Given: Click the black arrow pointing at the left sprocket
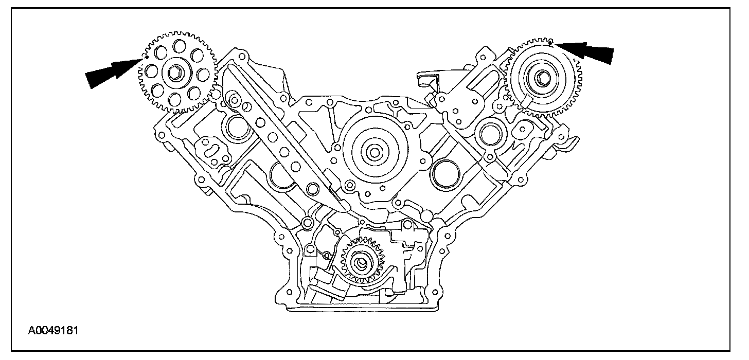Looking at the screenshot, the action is [x=114, y=72].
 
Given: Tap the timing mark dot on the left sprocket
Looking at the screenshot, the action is [x=148, y=57].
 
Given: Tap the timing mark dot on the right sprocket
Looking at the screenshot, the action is [x=550, y=43].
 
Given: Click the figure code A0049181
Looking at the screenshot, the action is [x=53, y=331].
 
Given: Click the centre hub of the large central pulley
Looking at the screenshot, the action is [x=374, y=152].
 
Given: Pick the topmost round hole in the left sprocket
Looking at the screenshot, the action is [x=179, y=45].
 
